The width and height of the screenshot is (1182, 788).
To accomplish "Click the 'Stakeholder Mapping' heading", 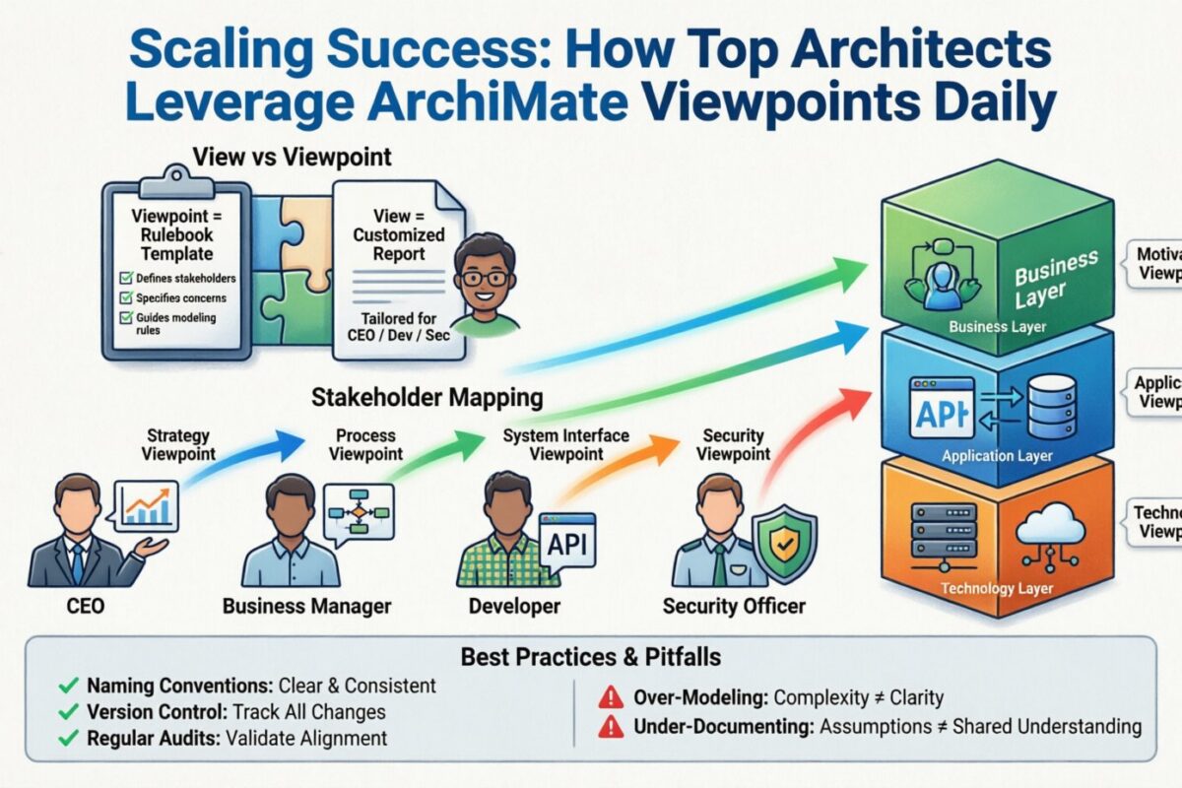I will pos(427,398).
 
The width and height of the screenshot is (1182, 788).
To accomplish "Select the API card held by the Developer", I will pos(565,545).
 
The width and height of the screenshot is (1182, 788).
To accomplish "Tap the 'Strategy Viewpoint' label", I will pos(178,445).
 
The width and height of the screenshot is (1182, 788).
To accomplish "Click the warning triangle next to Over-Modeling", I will pos(612,698).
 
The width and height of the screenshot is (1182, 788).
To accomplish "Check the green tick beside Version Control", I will pos(68,712).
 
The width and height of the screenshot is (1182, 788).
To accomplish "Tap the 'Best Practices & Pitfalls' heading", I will pos(590,656).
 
